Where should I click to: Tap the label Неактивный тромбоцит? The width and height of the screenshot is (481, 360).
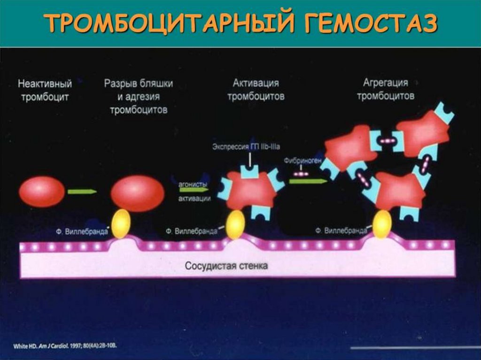[x=45, y=91]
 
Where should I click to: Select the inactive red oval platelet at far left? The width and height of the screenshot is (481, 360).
[x=42, y=191]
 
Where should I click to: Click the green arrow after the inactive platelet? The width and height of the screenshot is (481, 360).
[x=82, y=191]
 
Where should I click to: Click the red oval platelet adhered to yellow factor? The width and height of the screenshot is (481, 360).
[x=137, y=193]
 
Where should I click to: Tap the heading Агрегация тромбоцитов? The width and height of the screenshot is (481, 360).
[x=386, y=89]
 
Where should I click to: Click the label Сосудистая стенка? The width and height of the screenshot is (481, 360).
[x=226, y=266]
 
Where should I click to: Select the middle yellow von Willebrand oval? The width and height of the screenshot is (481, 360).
[x=235, y=224]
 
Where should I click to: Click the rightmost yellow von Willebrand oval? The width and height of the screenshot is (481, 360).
[x=382, y=223]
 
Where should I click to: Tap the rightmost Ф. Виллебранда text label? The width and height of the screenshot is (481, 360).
[x=341, y=231]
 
